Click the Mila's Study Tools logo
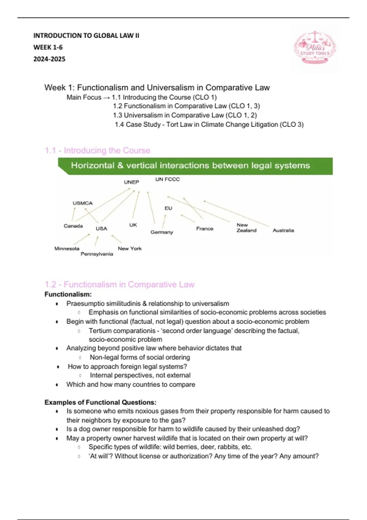(x=315, y=48)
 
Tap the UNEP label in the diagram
(x=132, y=182)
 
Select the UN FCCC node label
(x=167, y=179)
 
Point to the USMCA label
(x=83, y=203)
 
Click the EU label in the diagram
(x=168, y=208)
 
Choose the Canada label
(x=73, y=226)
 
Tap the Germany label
(x=162, y=232)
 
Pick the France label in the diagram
(x=205, y=228)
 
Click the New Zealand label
(x=246, y=228)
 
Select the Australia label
(x=283, y=230)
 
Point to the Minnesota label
(x=67, y=248)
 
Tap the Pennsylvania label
(x=97, y=254)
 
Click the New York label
(x=130, y=248)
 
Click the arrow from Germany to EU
(x=164, y=221)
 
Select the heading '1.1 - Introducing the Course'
(x=98, y=150)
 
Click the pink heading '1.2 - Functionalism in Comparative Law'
(x=120, y=284)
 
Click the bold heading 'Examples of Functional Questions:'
(x=100, y=402)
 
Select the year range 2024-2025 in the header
(x=49, y=59)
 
